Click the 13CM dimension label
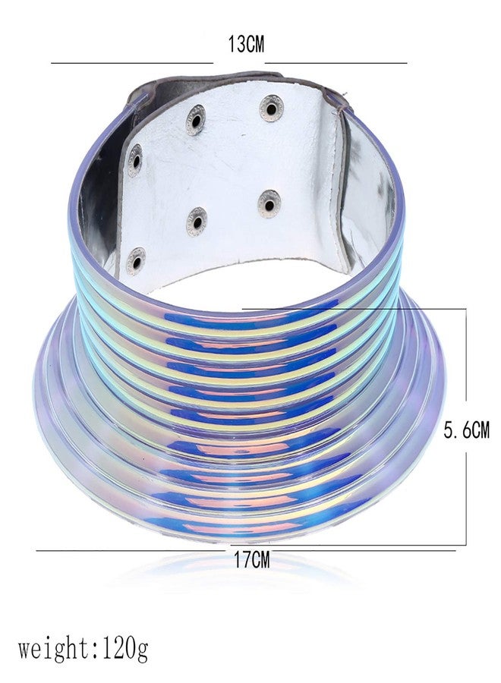[246, 44]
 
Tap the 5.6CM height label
[467, 430]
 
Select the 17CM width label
[252, 559]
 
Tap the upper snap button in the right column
[272, 108]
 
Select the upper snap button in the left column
[134, 160]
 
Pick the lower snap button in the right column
[269, 203]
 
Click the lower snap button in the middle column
[197, 222]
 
